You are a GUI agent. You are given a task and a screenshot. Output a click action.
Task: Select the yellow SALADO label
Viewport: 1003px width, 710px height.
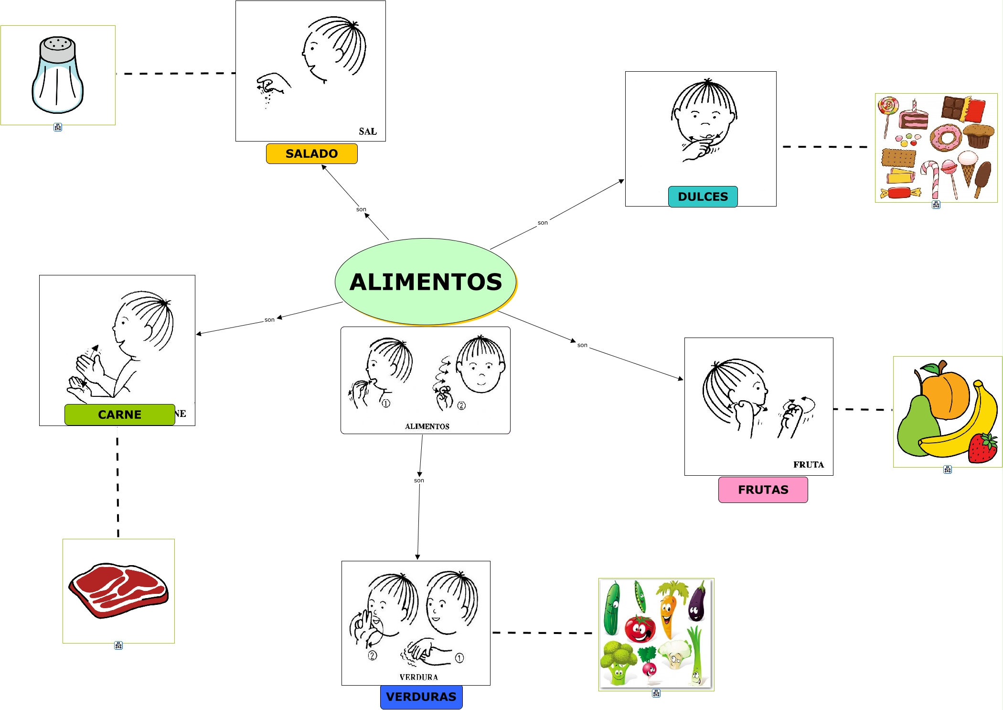(311, 153)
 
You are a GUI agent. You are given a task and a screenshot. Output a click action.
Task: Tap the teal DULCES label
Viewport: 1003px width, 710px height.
(703, 197)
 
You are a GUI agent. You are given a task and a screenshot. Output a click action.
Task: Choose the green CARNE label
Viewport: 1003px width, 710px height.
(119, 415)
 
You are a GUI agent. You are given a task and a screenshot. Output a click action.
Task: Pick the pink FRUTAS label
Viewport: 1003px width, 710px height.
(763, 490)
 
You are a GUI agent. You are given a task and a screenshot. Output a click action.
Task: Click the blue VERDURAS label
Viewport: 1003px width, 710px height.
(421, 697)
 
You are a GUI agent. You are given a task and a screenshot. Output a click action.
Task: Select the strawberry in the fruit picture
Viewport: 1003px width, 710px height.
(982, 448)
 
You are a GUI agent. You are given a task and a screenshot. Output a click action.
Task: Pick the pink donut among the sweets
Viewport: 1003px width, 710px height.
(945, 138)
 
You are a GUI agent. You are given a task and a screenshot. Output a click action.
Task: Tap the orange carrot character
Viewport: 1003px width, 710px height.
(669, 610)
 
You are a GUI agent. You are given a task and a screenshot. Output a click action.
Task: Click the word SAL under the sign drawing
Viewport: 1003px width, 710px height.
(368, 131)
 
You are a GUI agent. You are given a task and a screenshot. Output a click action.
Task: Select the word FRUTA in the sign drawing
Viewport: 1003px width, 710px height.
(808, 464)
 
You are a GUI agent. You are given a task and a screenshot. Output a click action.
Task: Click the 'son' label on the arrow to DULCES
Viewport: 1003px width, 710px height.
(543, 222)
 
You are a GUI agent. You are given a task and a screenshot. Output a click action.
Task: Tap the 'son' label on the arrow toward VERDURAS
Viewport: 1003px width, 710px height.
(419, 480)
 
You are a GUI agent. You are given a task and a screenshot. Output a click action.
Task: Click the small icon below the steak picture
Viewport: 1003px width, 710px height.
(118, 645)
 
